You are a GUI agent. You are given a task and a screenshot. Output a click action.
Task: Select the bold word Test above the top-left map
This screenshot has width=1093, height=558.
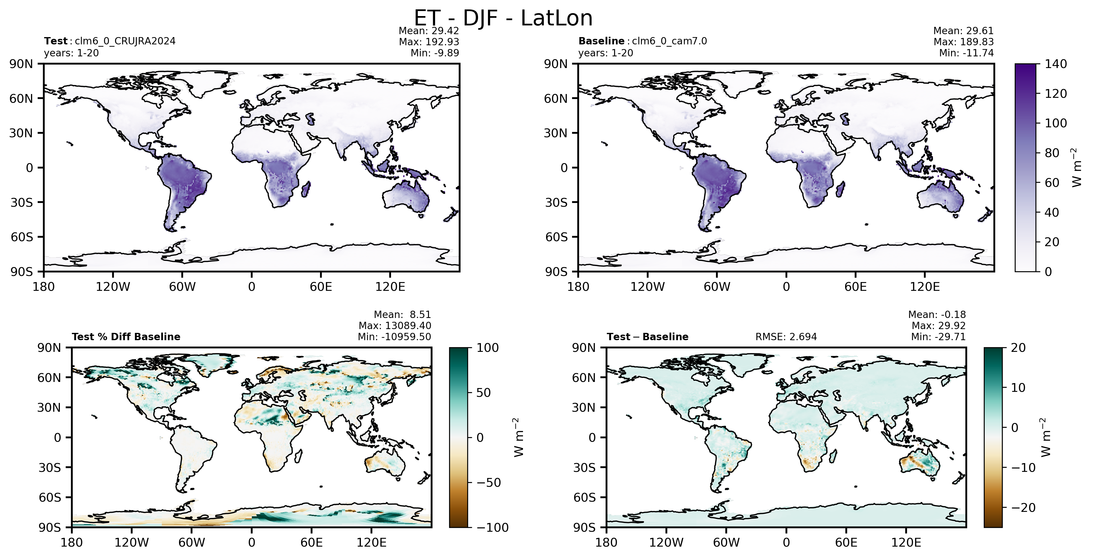pyautogui.click(x=55, y=41)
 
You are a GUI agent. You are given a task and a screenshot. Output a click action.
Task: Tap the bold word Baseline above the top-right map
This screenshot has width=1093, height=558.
pyautogui.click(x=601, y=41)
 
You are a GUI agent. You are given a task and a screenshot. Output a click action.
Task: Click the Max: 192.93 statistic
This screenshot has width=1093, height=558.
pyautogui.click(x=429, y=41)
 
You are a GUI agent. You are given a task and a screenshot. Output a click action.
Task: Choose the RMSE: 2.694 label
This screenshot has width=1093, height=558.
pyautogui.click(x=786, y=337)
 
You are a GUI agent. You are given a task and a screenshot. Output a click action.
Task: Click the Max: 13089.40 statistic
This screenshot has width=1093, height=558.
pyautogui.click(x=395, y=326)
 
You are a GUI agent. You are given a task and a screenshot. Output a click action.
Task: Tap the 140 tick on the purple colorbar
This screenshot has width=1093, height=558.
pyautogui.click(x=1056, y=64)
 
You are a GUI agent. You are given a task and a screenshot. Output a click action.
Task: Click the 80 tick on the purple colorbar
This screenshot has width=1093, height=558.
pyautogui.click(x=1052, y=153)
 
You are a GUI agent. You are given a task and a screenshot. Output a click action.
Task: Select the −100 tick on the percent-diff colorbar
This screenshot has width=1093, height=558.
pyautogui.click(x=493, y=527)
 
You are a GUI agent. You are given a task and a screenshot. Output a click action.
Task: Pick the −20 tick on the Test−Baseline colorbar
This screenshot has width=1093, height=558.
pyautogui.click(x=1024, y=507)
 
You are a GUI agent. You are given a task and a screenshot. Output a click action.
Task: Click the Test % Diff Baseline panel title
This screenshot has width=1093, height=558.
pyautogui.click(x=126, y=337)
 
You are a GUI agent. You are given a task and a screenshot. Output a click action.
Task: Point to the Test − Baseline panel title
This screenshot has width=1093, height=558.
pyautogui.click(x=647, y=337)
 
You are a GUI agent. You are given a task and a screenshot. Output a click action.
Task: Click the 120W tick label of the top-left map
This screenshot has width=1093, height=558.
pyautogui.click(x=113, y=287)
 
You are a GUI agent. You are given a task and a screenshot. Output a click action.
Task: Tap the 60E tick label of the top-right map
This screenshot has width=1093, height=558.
pyautogui.click(x=855, y=287)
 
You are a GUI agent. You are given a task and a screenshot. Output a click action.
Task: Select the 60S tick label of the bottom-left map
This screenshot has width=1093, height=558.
pyautogui.click(x=50, y=497)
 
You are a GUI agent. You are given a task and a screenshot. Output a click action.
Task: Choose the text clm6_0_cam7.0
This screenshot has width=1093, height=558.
pyautogui.click(x=670, y=41)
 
